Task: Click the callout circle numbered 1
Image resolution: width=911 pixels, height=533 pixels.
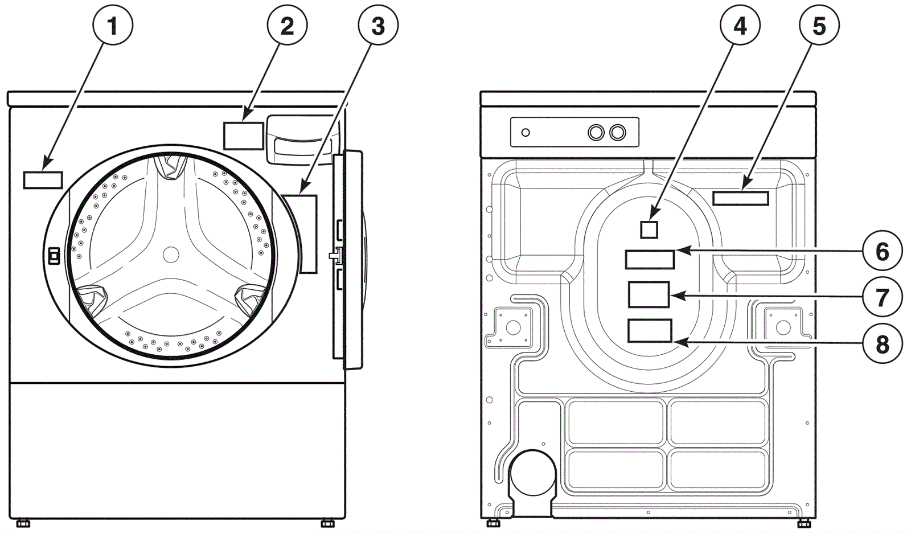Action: click(x=113, y=26)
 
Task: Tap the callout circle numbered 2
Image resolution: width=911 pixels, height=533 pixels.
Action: click(x=287, y=26)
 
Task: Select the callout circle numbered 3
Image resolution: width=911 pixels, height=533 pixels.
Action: click(x=378, y=26)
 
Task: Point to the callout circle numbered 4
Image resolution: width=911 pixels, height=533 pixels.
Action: click(x=740, y=26)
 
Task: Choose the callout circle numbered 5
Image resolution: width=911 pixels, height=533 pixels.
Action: click(x=819, y=26)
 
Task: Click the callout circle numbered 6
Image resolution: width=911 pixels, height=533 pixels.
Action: click(x=882, y=252)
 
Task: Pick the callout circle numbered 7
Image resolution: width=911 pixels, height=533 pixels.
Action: click(x=882, y=297)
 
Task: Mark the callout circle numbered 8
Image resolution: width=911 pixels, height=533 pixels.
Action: click(x=882, y=344)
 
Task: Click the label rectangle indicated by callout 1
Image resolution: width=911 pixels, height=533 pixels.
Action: click(x=43, y=181)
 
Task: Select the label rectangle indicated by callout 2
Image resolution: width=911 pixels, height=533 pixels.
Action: click(x=244, y=136)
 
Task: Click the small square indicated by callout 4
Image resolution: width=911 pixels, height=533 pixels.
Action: click(x=649, y=230)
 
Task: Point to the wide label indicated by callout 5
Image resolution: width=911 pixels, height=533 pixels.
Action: click(x=741, y=198)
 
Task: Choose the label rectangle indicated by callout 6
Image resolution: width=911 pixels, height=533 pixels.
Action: click(x=650, y=260)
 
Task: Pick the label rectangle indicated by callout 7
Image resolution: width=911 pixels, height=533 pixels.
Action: click(x=649, y=294)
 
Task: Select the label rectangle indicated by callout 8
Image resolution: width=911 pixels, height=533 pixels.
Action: click(x=650, y=331)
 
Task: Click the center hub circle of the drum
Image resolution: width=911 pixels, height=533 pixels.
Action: click(x=171, y=255)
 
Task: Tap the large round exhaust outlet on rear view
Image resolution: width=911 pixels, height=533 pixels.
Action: click(x=533, y=473)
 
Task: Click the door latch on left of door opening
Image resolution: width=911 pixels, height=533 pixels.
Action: click(x=54, y=256)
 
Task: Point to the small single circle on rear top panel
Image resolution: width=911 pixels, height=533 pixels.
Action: click(x=526, y=132)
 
